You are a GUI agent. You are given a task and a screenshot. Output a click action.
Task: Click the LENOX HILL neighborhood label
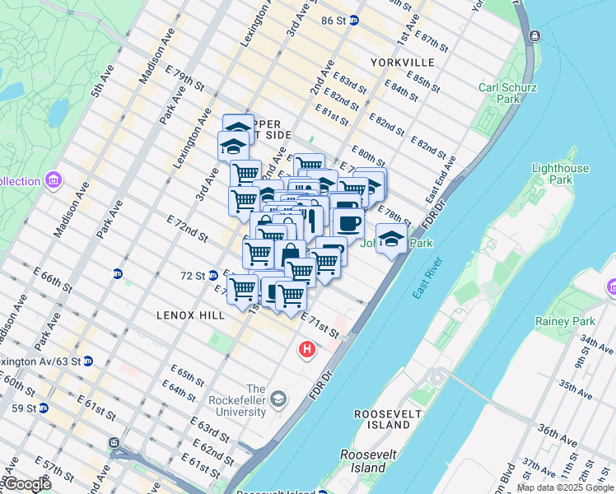pos(184,315)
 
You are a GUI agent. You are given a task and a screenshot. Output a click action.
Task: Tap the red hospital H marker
pos(307,351)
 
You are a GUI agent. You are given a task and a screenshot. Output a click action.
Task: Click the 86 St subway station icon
pos(354,21)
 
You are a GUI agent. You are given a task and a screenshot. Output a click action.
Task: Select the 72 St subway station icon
pos(212,275)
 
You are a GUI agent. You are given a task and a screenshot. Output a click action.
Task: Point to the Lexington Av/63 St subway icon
pos(88,361)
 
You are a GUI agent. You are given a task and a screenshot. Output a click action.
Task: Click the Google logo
pos(26,484)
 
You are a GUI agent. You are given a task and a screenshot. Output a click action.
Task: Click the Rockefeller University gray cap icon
pos(279,399)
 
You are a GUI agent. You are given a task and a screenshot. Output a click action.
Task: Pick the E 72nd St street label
pos(187,229)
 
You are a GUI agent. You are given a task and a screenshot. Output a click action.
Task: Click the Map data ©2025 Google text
pos(564,487)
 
